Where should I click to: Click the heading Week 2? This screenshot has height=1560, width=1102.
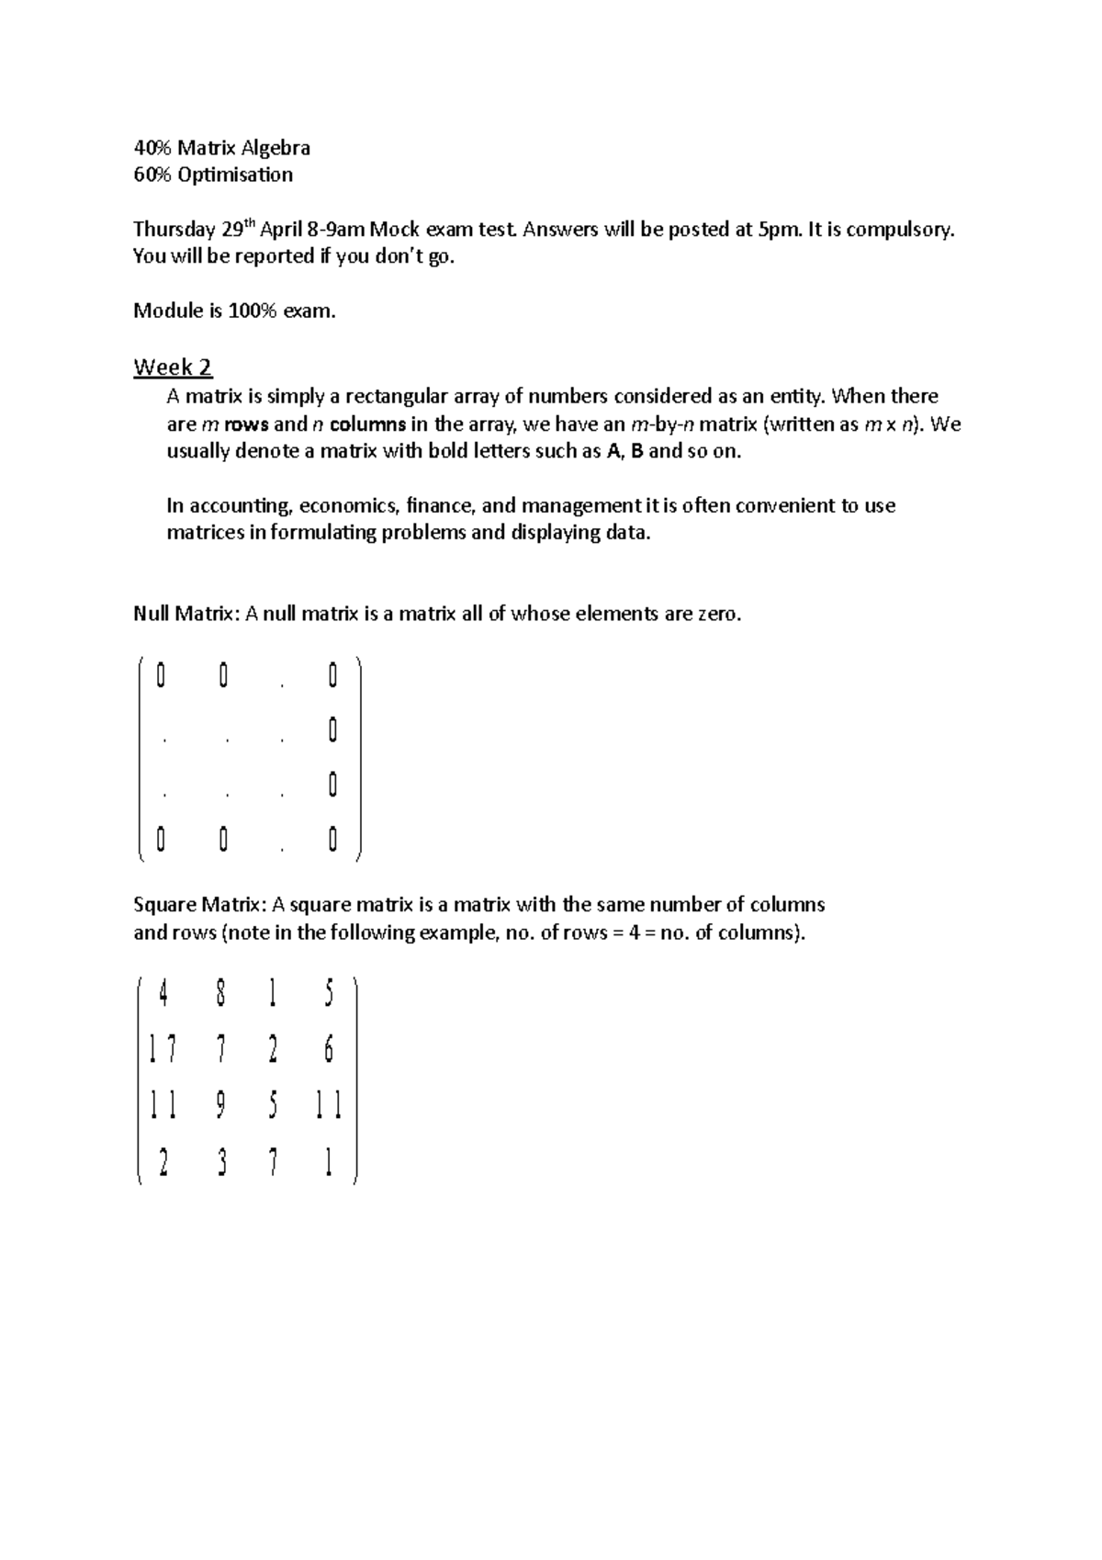click(x=173, y=367)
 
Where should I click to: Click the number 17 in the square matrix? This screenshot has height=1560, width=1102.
click(x=163, y=1049)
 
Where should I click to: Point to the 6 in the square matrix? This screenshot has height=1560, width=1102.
click(x=329, y=1049)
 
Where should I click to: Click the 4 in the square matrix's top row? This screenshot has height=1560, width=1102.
click(x=163, y=993)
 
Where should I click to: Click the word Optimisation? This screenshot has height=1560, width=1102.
click(x=235, y=175)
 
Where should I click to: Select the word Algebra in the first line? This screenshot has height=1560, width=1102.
click(x=275, y=148)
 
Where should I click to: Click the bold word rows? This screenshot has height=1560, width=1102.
click(x=246, y=424)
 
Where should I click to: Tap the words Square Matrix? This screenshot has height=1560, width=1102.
click(x=200, y=905)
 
